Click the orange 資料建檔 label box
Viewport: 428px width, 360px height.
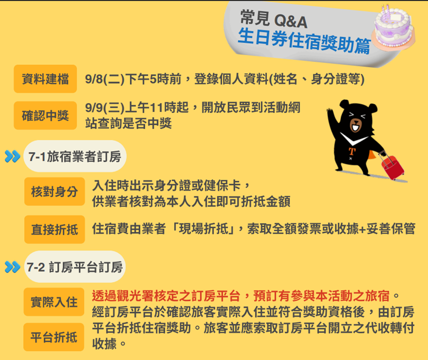coord(45,79)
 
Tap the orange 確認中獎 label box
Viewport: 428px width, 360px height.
coord(45,115)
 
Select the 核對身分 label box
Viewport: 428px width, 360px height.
coord(55,191)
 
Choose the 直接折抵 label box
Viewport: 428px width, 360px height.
coord(55,229)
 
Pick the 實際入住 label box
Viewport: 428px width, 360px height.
coord(54,302)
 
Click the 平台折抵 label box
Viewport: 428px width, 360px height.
coord(54,337)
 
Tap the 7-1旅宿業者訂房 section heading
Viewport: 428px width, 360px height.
coord(75,157)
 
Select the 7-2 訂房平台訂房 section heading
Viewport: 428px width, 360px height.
coord(75,267)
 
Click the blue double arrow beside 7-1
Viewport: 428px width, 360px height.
coord(12,157)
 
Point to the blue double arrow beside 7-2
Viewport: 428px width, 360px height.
coord(12,267)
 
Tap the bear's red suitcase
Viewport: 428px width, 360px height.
coord(392,166)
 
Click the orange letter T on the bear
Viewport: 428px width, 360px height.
coord(352,151)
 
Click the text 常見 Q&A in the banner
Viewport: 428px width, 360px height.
coord(274,20)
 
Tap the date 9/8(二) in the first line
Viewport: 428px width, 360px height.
coord(105,79)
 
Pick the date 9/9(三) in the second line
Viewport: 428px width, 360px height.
coord(105,108)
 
